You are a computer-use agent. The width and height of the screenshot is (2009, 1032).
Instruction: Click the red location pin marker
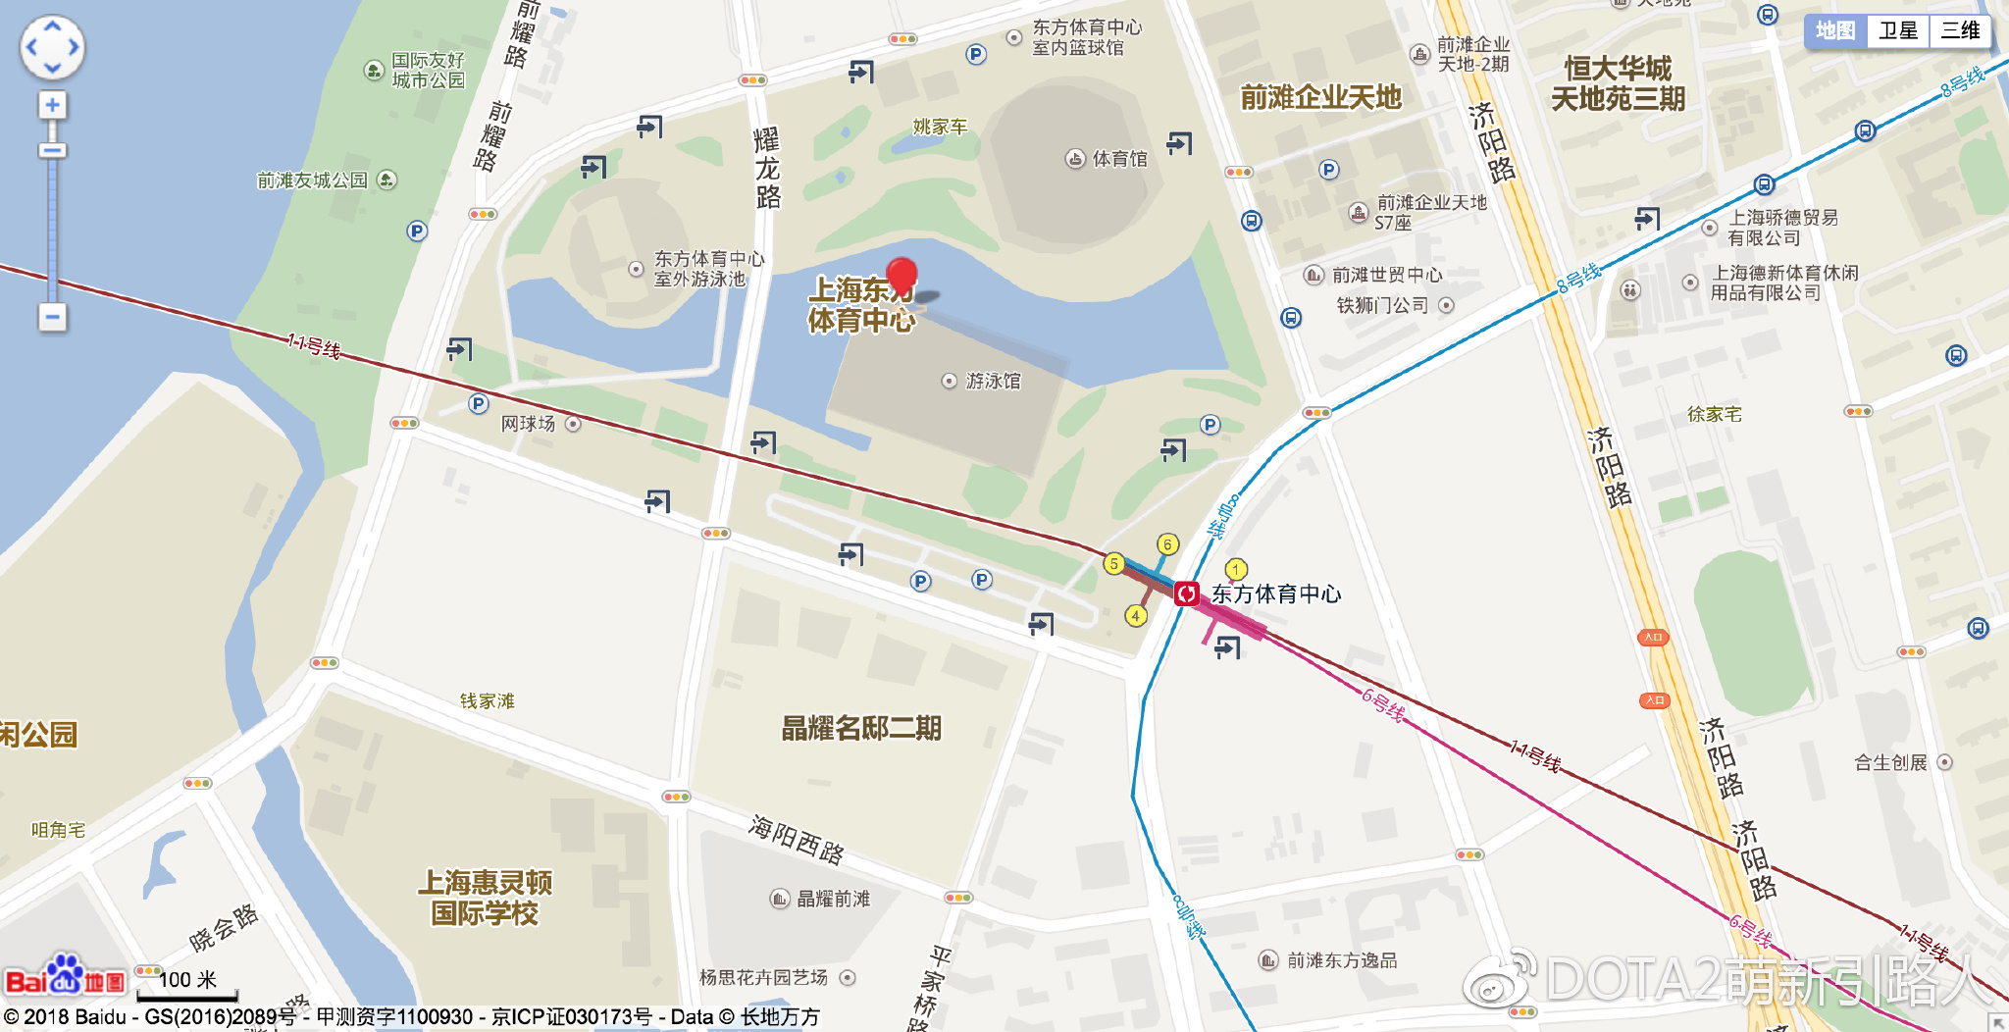901,276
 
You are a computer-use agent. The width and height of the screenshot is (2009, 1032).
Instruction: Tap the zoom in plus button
52,105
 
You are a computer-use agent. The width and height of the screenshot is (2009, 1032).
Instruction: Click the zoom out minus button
52,317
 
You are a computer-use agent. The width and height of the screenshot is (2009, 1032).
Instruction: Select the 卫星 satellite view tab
1897,30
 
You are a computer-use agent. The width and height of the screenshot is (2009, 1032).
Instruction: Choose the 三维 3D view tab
1960,30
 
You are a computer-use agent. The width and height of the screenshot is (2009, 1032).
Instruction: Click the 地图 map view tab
1835,30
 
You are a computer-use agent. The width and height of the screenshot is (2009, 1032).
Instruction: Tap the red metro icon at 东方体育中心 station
1187,593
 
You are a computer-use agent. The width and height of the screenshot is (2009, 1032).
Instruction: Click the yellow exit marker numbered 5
1113,563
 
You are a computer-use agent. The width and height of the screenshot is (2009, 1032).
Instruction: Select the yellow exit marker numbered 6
1167,544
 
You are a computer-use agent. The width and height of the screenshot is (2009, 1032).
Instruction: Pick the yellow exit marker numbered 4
1135,616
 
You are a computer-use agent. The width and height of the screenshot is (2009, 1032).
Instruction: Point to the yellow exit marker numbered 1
1236,569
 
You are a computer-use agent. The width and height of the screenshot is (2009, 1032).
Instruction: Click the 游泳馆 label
992,381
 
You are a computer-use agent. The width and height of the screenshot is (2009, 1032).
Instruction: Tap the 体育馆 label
1118,159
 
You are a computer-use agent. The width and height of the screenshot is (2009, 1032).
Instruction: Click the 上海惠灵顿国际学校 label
485,898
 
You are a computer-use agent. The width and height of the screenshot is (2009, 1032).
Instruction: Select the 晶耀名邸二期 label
861,728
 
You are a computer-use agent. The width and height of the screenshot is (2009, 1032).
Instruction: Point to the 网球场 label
529,424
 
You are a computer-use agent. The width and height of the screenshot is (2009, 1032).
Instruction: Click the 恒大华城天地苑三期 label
1618,83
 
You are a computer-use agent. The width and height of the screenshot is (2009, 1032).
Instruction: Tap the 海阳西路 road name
796,840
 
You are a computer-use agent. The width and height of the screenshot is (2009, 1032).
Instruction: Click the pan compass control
52,47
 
